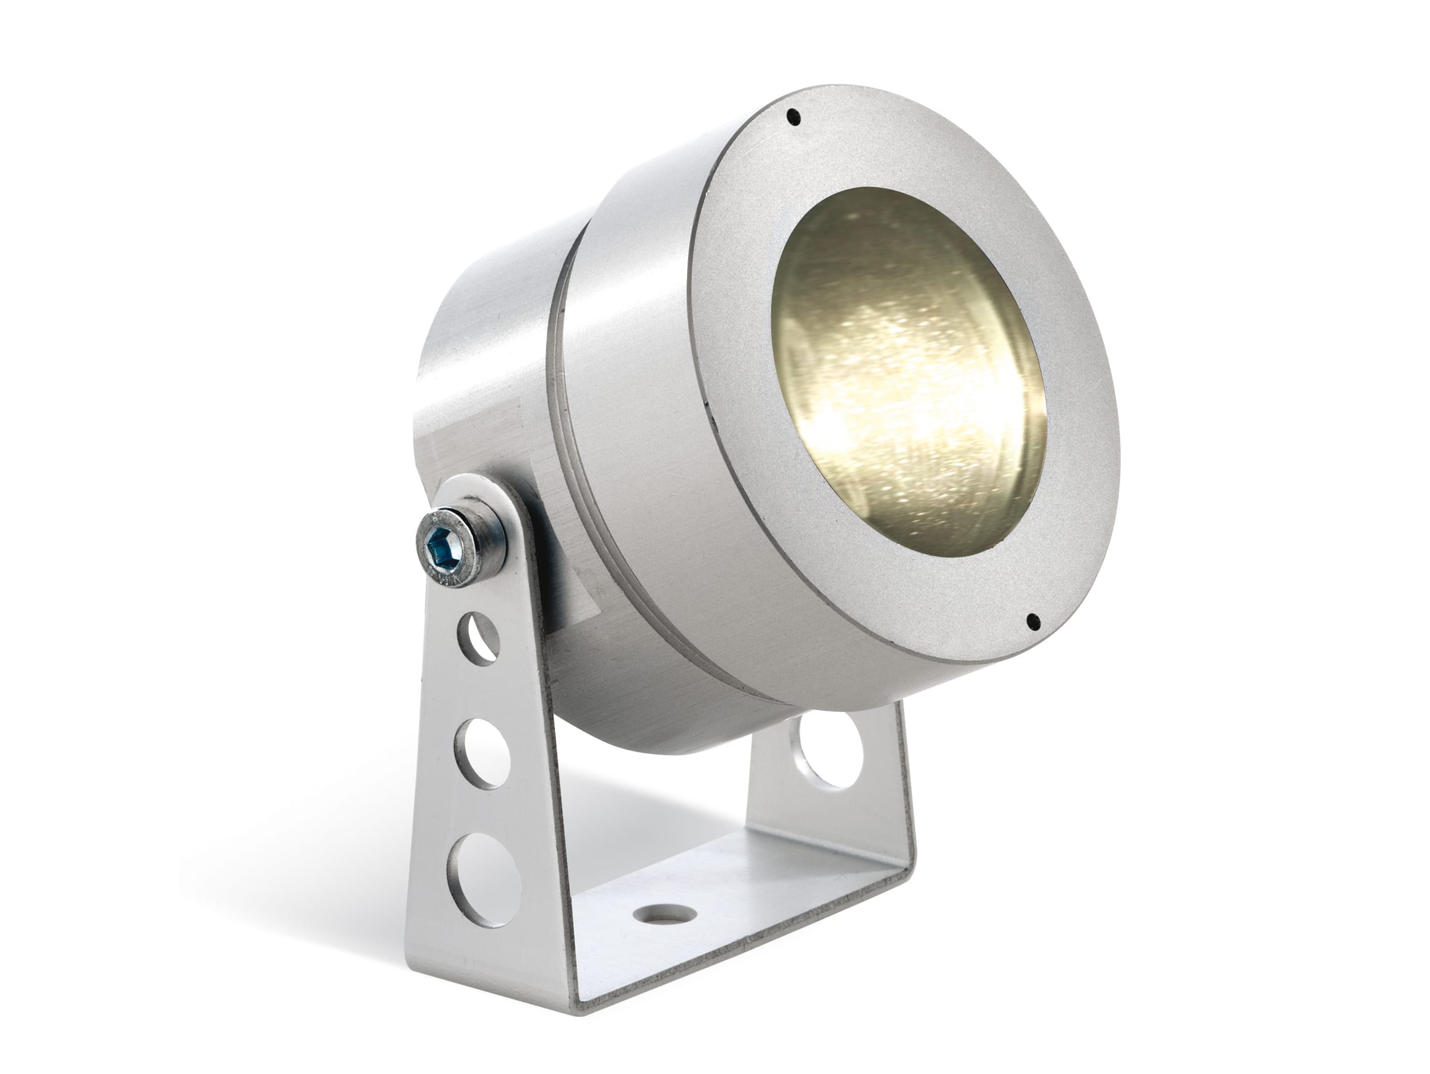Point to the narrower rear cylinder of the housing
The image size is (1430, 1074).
[x=492, y=362]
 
